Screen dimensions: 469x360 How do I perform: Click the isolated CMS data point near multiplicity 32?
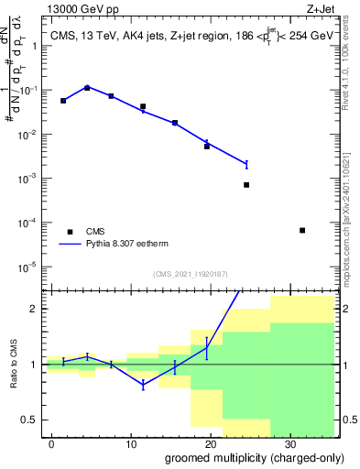coord(302,230)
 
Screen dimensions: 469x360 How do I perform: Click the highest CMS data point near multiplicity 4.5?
coord(87,88)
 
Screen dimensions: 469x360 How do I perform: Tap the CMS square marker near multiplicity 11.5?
coord(142,106)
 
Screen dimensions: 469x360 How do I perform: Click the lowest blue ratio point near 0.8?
coord(142,386)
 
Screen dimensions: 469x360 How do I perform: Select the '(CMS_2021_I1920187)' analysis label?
coord(189,274)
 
